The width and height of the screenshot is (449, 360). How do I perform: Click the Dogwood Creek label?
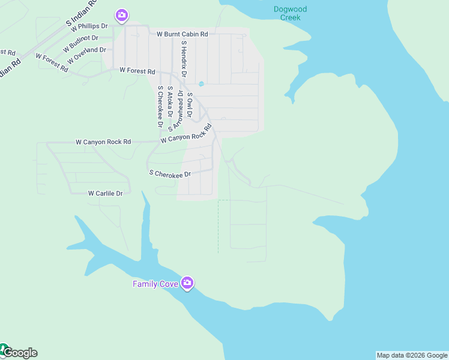coord(290,13)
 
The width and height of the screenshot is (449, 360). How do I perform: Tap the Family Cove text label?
coord(155,284)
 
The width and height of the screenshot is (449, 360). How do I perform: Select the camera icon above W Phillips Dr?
coord(122,15)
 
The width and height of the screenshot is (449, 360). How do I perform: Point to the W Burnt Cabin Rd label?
coord(182,34)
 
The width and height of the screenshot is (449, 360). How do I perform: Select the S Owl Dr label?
coord(189,104)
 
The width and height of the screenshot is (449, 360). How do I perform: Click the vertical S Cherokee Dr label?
coord(160,106)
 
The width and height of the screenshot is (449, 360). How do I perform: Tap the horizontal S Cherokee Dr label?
coord(170,173)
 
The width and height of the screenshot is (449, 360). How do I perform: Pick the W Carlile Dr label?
coord(105,193)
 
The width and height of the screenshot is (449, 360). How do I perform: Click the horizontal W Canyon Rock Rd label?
coord(103,142)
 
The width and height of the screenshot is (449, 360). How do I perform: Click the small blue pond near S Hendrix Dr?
coord(201,83)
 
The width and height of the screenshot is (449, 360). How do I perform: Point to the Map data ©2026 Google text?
coord(412,355)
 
